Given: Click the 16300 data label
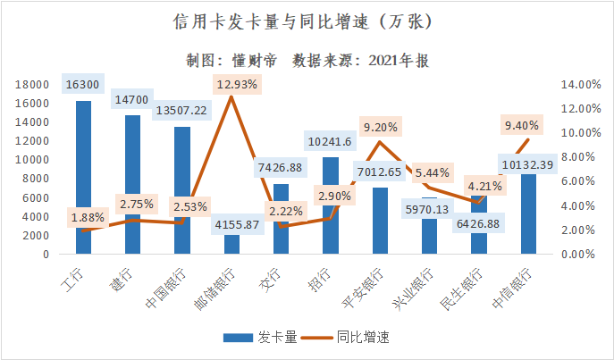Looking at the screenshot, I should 83,84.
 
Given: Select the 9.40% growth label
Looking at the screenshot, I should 521,125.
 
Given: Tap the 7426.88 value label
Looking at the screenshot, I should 279,167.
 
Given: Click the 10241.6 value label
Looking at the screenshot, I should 330,141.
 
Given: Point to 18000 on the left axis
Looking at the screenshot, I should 32,84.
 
